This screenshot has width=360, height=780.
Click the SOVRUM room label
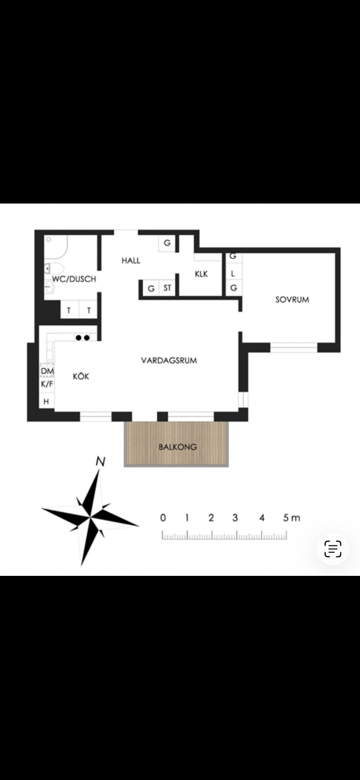click(292, 299)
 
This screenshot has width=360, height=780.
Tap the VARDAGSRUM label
click(169, 360)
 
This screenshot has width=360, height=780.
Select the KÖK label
click(81, 376)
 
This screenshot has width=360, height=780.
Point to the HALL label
click(131, 261)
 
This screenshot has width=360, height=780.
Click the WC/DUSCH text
click(74, 279)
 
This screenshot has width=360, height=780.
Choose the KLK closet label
click(201, 274)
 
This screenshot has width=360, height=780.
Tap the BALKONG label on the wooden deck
click(178, 447)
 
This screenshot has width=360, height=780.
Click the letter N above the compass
click(100, 462)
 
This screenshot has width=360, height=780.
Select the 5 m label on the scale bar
click(291, 518)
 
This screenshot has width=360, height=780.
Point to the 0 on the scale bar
click(163, 518)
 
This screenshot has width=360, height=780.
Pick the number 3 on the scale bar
click(235, 518)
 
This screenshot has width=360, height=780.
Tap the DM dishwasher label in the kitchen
click(47, 371)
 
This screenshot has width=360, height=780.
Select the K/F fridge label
click(47, 384)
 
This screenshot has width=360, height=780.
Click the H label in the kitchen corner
click(46, 401)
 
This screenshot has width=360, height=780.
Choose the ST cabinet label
click(167, 288)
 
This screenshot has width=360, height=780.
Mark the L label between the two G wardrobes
click(233, 273)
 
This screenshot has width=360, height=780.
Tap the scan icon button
click(333, 549)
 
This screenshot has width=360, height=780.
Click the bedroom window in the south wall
click(294, 348)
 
